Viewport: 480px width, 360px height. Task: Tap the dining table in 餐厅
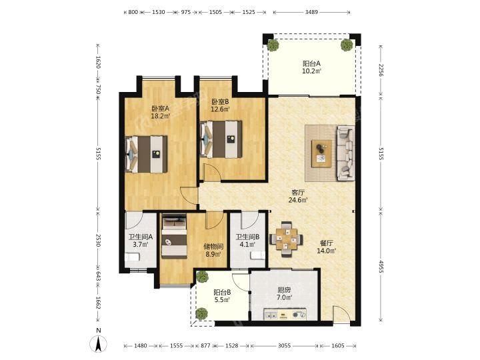coord(287,239)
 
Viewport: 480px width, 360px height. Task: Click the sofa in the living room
coord(346,153)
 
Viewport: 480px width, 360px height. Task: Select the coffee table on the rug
coord(321,154)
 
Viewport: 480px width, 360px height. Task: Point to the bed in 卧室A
coord(146,154)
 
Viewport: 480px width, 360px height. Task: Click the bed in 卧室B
coord(221,139)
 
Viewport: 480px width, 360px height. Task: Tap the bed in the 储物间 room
coord(174,236)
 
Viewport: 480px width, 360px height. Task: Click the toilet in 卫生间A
coord(132,257)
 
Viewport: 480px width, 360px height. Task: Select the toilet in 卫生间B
coord(257,255)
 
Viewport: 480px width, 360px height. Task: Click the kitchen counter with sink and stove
coord(285,314)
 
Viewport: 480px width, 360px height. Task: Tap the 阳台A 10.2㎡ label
coord(312,67)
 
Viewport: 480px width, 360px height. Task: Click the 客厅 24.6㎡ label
coord(298,197)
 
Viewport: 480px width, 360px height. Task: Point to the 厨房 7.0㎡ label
coord(285,293)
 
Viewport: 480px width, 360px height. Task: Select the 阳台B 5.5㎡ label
coord(222,296)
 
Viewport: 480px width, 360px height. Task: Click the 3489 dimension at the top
coord(311,12)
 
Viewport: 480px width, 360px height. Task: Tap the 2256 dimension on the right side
coord(381,70)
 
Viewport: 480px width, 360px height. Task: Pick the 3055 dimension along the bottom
coord(285,345)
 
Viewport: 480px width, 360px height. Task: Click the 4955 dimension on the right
coord(381,267)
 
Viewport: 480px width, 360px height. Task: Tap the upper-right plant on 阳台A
coord(347,45)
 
